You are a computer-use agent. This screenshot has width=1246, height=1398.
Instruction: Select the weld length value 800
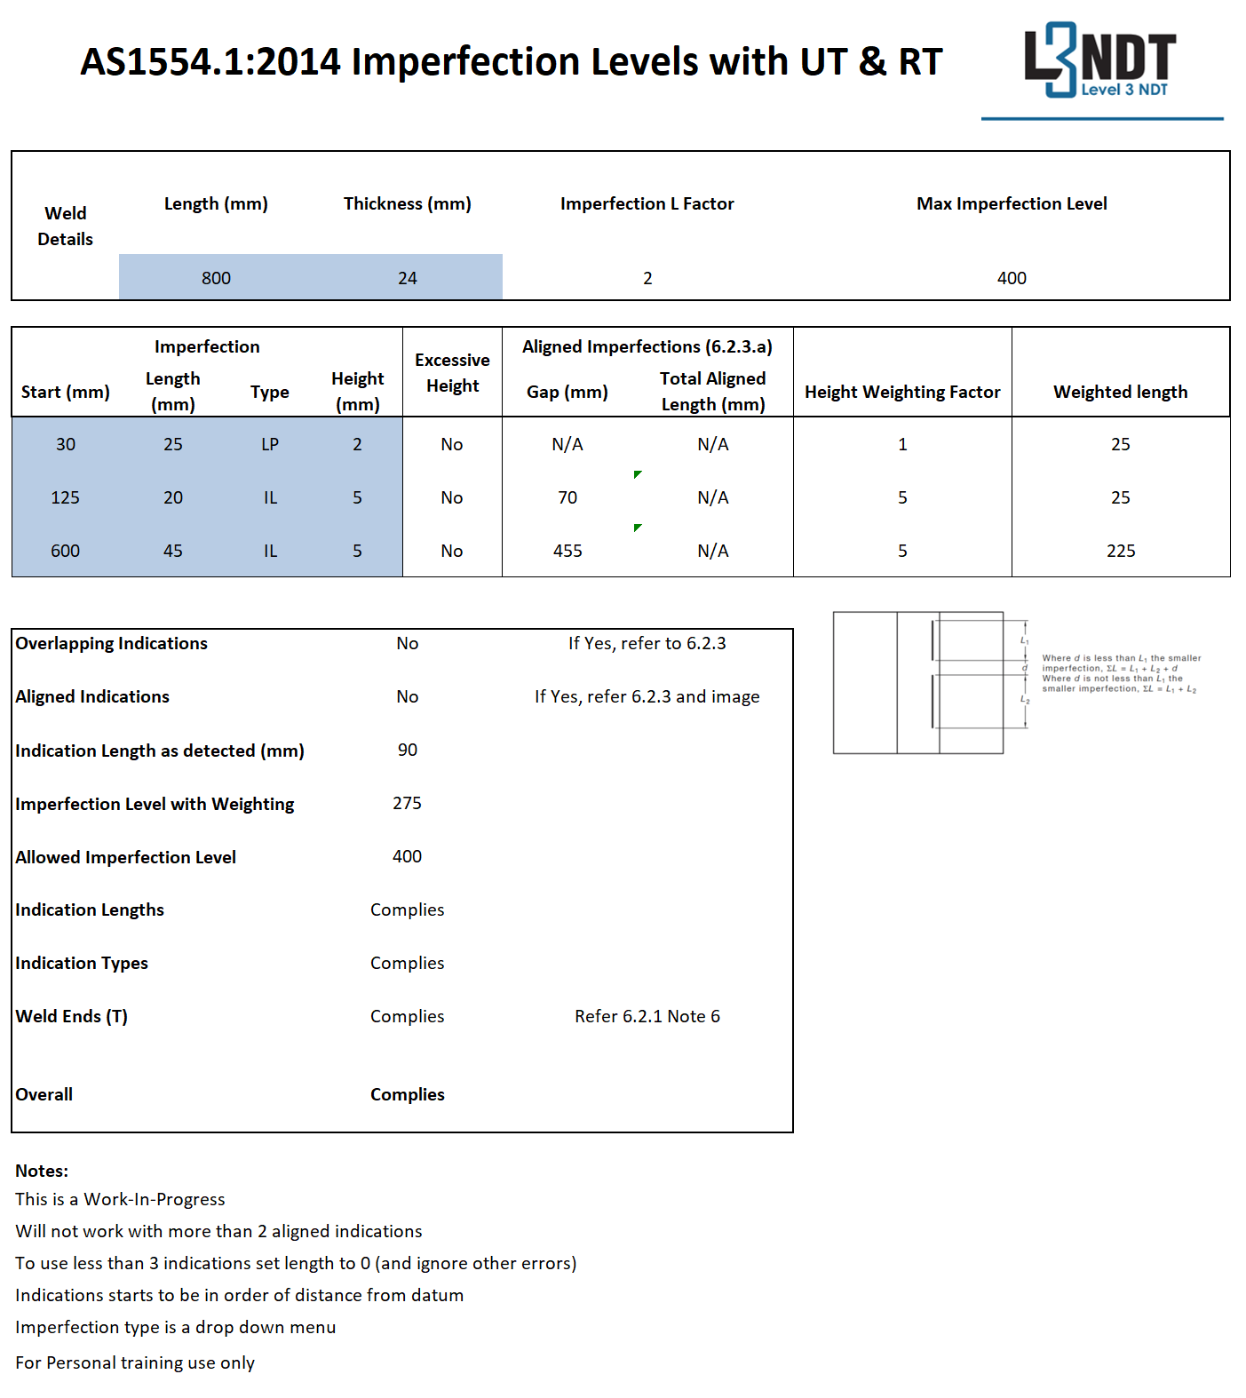coord(216,278)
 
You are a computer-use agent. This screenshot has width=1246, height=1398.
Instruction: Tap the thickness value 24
coord(407,278)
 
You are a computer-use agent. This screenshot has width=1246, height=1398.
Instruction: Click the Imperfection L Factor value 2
coord(647,278)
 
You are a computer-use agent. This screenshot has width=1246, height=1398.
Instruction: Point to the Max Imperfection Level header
coord(1012,203)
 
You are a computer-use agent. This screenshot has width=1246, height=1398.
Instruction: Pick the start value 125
coord(65,497)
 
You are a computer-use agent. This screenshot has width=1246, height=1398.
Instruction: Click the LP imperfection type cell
coord(270,444)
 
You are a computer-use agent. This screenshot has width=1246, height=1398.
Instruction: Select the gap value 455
coord(567,551)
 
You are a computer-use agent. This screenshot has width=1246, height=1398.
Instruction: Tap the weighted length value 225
coord(1120,551)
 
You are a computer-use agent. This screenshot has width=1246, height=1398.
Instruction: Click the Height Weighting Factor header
coord(902,392)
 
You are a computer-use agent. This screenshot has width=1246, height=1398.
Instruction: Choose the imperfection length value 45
coord(173,551)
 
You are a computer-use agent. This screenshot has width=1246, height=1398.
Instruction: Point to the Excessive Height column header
coord(452,372)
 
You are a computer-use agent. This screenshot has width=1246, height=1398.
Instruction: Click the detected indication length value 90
coord(407,750)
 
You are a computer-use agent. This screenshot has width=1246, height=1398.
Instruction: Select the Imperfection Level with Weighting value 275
coord(407,803)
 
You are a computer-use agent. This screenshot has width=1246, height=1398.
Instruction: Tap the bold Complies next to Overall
coord(407,1094)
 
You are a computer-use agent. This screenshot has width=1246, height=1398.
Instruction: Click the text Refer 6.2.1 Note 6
coord(647,1016)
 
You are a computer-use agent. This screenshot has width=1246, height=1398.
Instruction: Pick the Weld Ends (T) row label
coord(71,1016)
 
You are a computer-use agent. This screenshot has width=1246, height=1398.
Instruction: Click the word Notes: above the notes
coord(42,1171)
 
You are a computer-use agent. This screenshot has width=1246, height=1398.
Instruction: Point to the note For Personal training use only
coord(135,1362)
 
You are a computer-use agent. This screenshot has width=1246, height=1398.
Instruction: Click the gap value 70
coord(567,497)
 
